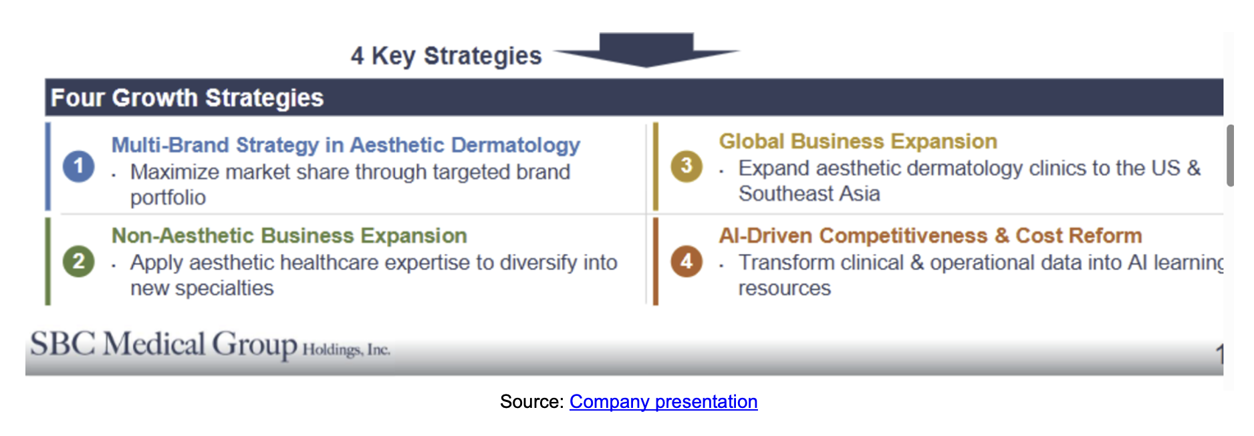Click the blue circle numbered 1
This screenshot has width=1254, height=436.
click(78, 166)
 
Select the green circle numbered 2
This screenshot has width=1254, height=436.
click(78, 261)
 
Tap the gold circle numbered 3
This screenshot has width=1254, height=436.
click(686, 166)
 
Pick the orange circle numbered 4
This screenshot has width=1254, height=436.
click(686, 261)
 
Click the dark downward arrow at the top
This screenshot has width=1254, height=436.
click(646, 50)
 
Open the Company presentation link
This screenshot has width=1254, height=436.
click(663, 401)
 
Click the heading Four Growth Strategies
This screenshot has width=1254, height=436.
click(187, 98)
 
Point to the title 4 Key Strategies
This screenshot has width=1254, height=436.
click(446, 56)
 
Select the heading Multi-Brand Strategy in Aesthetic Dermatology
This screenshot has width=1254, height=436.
click(346, 145)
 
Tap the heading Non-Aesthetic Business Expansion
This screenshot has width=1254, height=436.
click(289, 235)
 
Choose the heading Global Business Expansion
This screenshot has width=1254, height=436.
click(858, 141)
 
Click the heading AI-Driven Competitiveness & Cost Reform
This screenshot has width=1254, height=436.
click(930, 235)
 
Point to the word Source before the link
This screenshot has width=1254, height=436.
click(531, 401)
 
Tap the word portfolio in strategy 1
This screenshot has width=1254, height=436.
click(168, 198)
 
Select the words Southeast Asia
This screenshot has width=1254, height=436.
click(809, 194)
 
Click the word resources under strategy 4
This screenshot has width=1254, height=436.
click(784, 288)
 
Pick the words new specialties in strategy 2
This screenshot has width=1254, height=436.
click(202, 288)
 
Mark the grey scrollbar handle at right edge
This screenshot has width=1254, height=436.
click(1231, 155)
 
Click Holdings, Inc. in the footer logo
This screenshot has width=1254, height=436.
click(346, 350)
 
